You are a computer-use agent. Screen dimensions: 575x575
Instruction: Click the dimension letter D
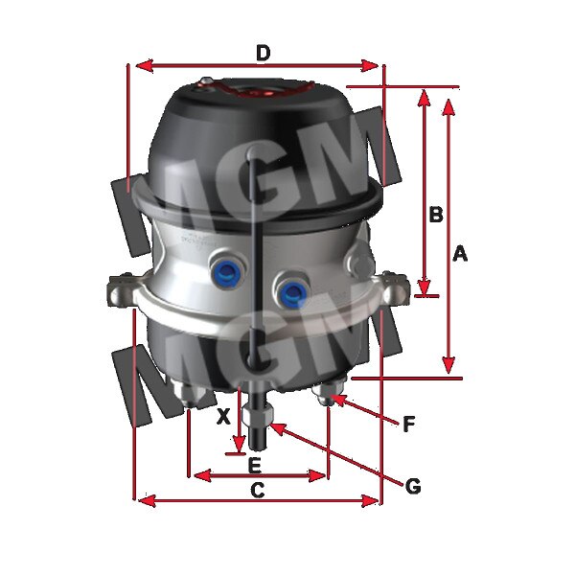pyautogui.click(x=263, y=52)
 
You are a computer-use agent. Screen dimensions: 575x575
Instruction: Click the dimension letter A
pyautogui.click(x=459, y=253)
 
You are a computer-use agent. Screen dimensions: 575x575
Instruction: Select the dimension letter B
pyautogui.click(x=435, y=215)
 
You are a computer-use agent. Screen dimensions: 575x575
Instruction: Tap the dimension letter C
pyautogui.click(x=257, y=490)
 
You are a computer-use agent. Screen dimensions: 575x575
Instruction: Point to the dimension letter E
pyautogui.click(x=254, y=466)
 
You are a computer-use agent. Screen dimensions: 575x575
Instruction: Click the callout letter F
pyautogui.click(x=408, y=423)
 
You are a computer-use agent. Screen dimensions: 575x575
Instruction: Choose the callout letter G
pyautogui.click(x=413, y=486)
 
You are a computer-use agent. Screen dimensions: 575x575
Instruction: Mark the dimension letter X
pyautogui.click(x=222, y=417)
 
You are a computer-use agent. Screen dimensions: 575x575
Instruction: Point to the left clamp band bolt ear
pyautogui.click(x=120, y=287)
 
